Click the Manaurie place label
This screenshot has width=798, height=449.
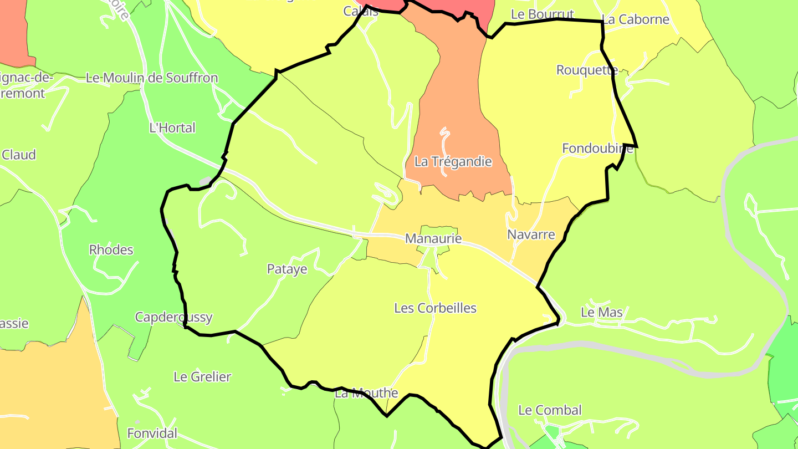(433, 238)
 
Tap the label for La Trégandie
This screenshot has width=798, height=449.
(453, 162)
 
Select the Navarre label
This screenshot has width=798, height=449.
(531, 234)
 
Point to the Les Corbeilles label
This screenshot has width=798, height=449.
(435, 308)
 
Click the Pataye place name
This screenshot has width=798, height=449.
(287, 269)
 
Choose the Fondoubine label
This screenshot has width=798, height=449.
(597, 149)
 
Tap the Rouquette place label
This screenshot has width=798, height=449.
(587, 70)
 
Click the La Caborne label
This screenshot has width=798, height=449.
(636, 19)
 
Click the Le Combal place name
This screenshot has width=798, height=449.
(550, 410)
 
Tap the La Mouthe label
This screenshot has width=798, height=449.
(366, 393)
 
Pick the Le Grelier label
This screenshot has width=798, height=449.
(202, 377)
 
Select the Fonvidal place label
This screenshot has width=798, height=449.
(152, 433)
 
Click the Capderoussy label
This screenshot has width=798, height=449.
(174, 317)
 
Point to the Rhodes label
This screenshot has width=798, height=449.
(111, 250)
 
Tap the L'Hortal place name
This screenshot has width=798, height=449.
(172, 128)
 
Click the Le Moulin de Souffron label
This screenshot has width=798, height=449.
(152, 78)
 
